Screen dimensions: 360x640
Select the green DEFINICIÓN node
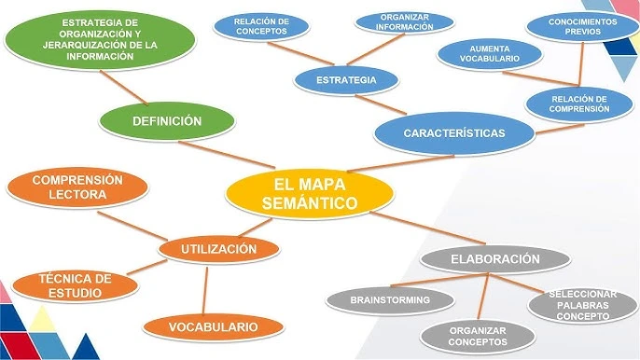point(167,121)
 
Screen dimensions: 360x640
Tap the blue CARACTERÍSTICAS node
point(454,133)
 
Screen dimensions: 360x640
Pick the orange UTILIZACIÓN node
point(219,249)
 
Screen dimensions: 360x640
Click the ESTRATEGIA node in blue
point(346,80)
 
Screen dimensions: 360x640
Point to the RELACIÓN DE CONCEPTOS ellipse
point(261,26)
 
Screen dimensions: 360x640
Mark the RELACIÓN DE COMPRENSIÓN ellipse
point(579,104)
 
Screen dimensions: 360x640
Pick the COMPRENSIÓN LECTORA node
point(77,187)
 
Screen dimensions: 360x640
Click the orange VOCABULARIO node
point(213,326)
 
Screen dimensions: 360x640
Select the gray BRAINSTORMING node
point(389,300)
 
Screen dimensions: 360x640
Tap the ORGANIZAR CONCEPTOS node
point(477,336)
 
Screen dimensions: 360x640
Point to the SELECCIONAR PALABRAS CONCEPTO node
point(582,305)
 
